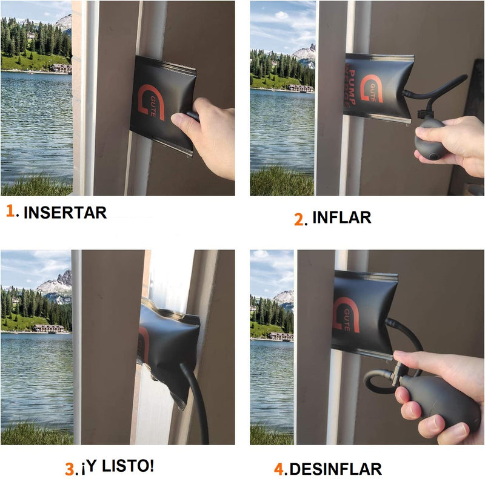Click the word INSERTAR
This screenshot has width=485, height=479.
coord(65,213)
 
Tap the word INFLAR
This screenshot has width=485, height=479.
coord(341,217)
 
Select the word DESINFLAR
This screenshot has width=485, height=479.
coord(336,469)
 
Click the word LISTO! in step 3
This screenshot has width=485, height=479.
coord(128,466)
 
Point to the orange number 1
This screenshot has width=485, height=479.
coord(10,211)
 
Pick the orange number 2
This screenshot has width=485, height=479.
coord(299,219)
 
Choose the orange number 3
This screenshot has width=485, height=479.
coord(69,469)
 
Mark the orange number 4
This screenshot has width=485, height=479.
coord(279,469)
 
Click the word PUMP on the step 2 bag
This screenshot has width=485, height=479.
coord(352,87)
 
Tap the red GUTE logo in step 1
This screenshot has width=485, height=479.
coord(150,102)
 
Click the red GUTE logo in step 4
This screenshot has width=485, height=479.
coord(345,315)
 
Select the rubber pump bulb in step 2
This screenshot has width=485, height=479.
coord(429,139)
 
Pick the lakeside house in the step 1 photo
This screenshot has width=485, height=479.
coord(61,68)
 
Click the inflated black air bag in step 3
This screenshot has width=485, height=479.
coord(167,349)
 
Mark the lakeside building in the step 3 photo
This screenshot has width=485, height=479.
coord(48,328)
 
